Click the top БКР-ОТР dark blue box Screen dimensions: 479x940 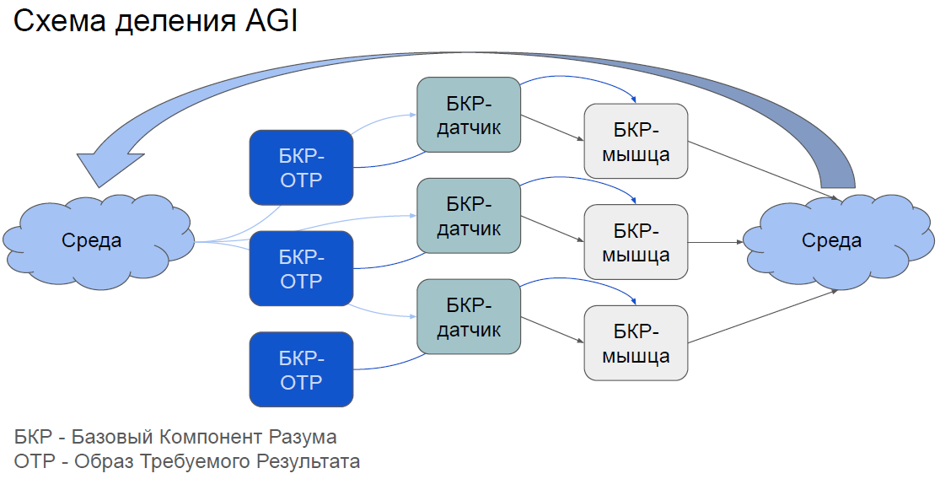coord(301,167)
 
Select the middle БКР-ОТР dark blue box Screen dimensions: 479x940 coord(301,268)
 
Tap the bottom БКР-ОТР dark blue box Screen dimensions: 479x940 coord(301,369)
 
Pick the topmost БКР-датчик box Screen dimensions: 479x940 coord(469,115)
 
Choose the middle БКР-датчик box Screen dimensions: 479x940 coord(469,216)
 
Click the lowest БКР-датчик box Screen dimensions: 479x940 coord(469,316)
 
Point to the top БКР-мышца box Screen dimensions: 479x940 coord(637,141)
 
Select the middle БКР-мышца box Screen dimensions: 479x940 coord(637,242)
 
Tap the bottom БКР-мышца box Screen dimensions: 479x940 coord(637,342)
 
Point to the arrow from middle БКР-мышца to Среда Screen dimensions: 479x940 coord(717,242)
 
